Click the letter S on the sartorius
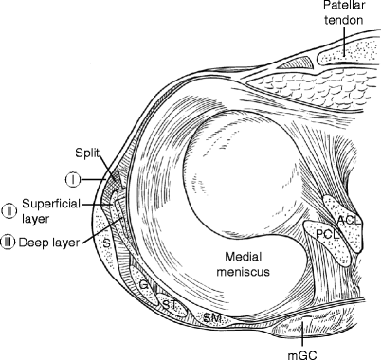(105, 242)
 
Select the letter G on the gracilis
(142, 282)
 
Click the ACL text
(348, 222)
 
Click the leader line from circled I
(95, 178)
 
